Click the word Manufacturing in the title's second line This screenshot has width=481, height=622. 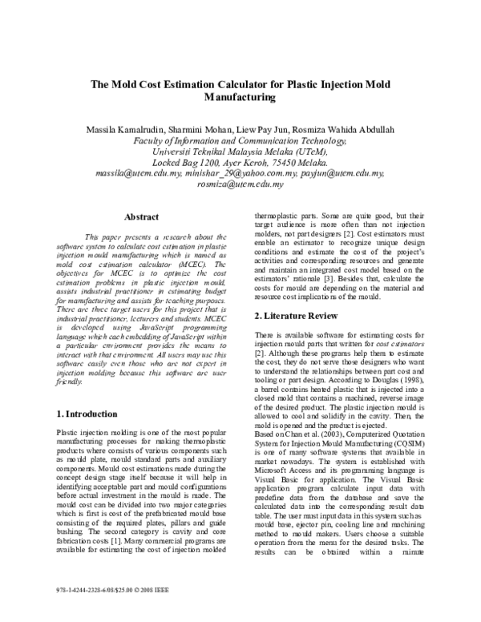pos(240,97)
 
